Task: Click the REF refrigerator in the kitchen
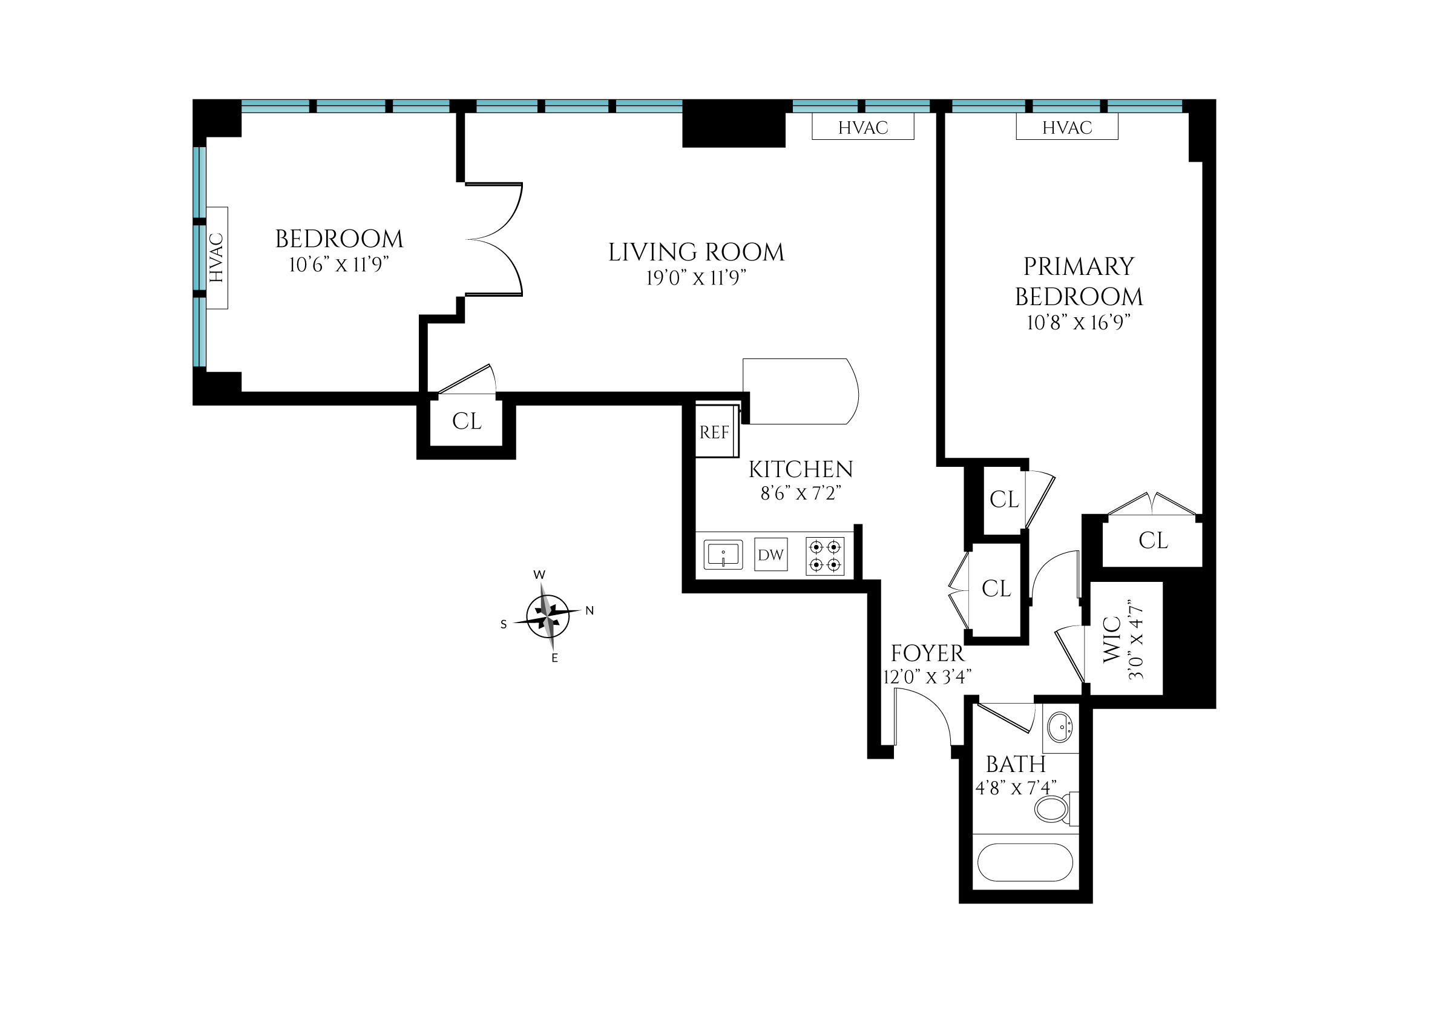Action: pos(715,432)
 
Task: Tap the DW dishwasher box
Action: pos(770,555)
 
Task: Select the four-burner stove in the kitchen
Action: pos(824,556)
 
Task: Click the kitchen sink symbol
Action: pos(723,555)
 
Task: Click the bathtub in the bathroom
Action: pos(1025,863)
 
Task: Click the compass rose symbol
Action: pos(548,616)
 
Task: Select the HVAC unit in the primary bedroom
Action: pos(1066,127)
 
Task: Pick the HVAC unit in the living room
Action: pos(862,127)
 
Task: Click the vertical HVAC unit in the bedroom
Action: pos(217,257)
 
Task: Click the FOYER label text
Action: pos(927,653)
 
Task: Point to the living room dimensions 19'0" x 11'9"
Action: pos(696,277)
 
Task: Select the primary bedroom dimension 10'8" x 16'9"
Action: pos(1079,323)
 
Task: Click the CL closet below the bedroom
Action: pos(467,421)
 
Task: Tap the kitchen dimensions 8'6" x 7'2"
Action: pos(800,493)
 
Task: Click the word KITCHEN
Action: pos(800,469)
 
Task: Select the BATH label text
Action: pos(1016,764)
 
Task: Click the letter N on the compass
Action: pos(590,611)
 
